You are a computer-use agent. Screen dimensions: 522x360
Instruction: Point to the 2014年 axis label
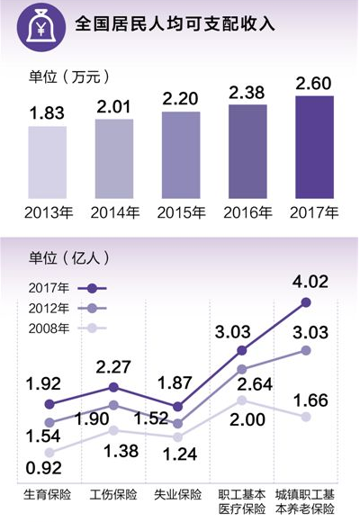tap(113, 214)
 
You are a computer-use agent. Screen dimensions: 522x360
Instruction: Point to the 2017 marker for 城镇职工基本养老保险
tap(306, 302)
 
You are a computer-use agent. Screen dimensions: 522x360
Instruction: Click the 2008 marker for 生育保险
tap(49, 452)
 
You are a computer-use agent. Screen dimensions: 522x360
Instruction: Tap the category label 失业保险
tap(178, 494)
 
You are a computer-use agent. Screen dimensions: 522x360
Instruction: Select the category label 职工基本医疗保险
tap(242, 501)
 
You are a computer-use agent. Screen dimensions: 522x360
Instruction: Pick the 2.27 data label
tap(114, 366)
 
